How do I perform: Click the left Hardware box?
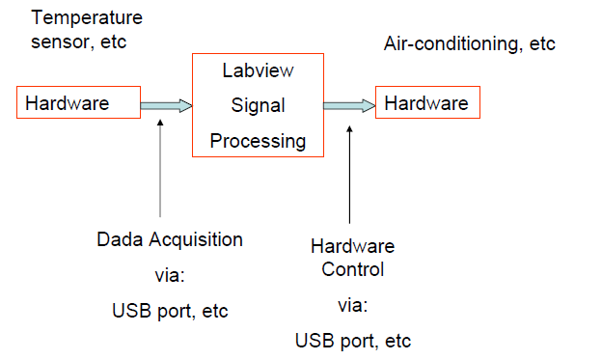tap(78, 102)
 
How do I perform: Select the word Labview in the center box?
tap(258, 70)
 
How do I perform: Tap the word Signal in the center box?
tap(258, 105)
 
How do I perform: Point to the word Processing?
tap(258, 141)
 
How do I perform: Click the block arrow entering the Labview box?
tap(166, 104)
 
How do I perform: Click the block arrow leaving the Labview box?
tap(349, 104)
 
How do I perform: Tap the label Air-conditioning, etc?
tap(469, 44)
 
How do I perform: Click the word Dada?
tap(118, 238)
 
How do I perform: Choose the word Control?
tap(352, 269)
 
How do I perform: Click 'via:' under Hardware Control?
tap(352, 305)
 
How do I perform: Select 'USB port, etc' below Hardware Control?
tap(352, 341)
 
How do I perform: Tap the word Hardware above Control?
tap(352, 246)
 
